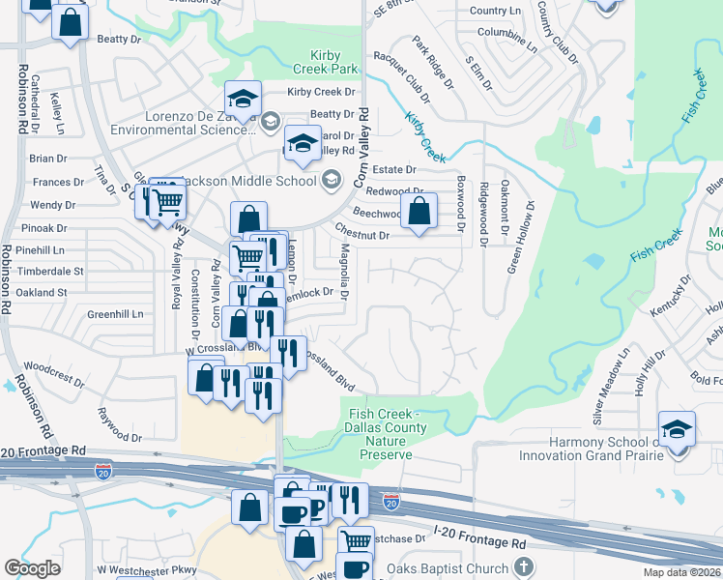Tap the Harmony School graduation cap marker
(x=677, y=428)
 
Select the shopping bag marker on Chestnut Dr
(x=419, y=212)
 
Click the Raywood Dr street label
(x=120, y=423)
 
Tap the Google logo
(x=31, y=567)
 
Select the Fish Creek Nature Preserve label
(x=380, y=434)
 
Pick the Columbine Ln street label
(x=506, y=36)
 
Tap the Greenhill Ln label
(x=115, y=314)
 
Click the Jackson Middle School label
(x=260, y=180)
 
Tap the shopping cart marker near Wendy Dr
(x=168, y=201)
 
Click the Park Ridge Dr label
(x=432, y=62)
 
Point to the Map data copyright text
(x=682, y=572)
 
